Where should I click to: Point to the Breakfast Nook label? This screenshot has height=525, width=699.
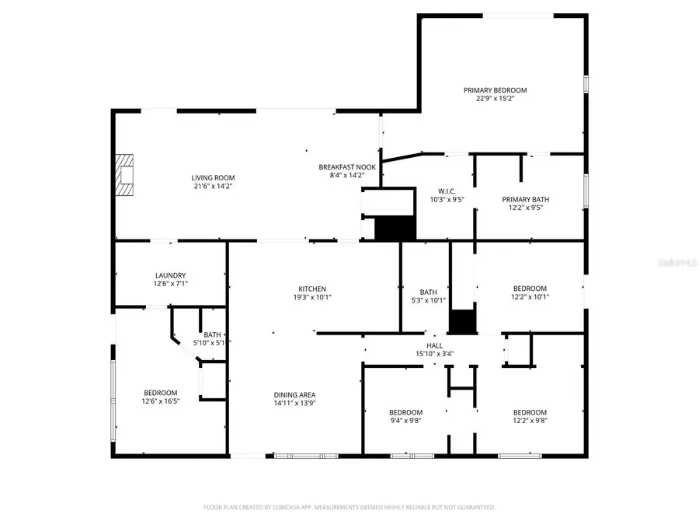(x=347, y=167)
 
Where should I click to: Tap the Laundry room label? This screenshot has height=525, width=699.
(x=170, y=275)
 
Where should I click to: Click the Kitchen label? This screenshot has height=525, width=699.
(x=312, y=289)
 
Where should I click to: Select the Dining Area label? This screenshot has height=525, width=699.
(x=294, y=394)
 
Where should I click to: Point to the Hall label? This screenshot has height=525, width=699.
(x=434, y=345)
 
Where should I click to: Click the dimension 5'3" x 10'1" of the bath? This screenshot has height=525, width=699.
(x=429, y=301)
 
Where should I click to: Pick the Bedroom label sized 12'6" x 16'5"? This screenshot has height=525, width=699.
(x=160, y=393)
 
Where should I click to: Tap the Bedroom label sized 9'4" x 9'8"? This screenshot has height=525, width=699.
(x=405, y=412)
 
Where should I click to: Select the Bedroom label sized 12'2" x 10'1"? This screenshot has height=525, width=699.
(x=529, y=289)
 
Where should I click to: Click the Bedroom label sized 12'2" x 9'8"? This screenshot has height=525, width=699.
(x=529, y=412)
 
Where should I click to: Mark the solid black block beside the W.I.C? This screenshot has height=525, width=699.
(x=395, y=229)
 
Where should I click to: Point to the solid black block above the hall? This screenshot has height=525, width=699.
(x=463, y=321)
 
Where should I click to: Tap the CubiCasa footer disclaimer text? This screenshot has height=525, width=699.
(x=349, y=507)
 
